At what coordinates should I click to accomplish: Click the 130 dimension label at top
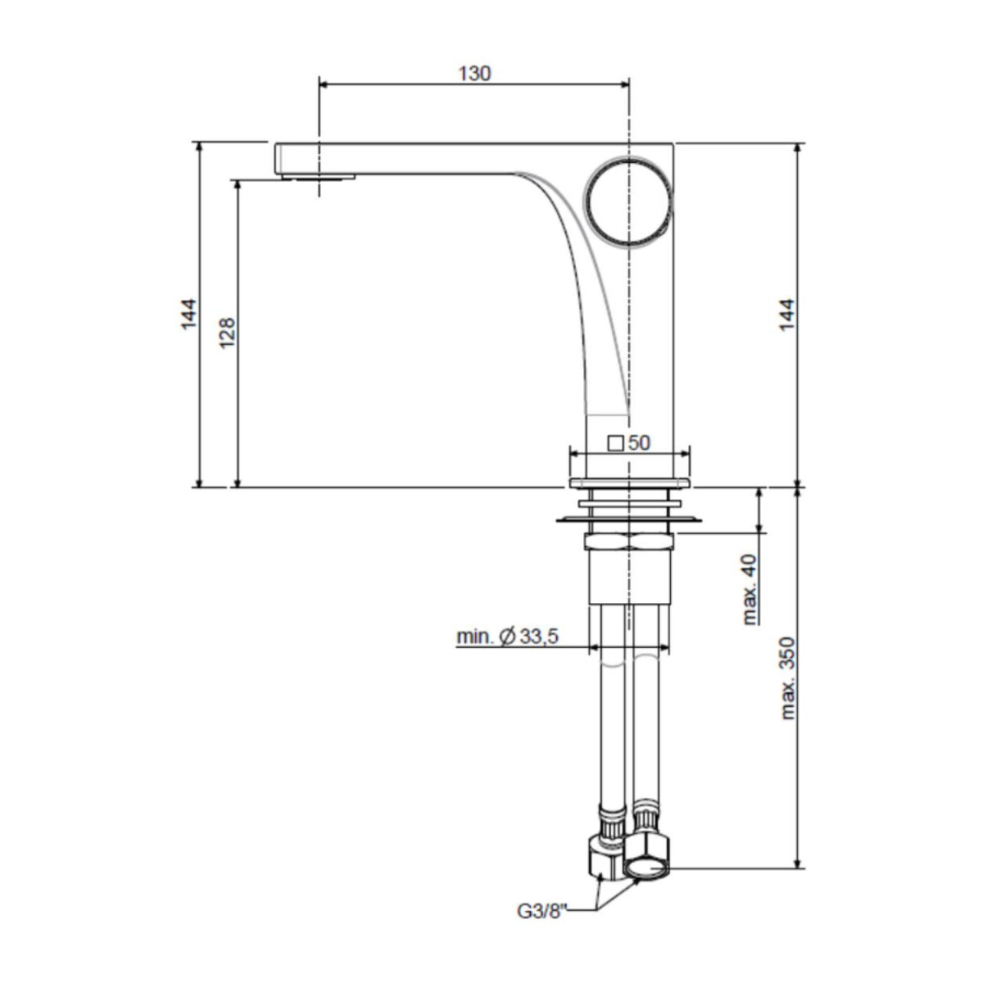point(474,73)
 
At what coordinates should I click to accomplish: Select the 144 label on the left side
point(188,315)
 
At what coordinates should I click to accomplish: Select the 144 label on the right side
point(786,315)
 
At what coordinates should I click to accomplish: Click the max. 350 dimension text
point(788,678)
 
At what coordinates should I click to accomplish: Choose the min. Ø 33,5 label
point(507,636)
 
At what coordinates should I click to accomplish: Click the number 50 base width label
point(639,443)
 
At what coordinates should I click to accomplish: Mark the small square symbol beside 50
point(615,443)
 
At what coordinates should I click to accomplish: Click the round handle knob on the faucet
point(628,199)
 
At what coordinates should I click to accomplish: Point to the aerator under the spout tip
point(319,176)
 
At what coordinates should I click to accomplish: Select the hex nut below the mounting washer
point(628,541)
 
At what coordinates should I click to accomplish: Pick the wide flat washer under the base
point(628,519)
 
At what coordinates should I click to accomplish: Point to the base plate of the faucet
point(628,482)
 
